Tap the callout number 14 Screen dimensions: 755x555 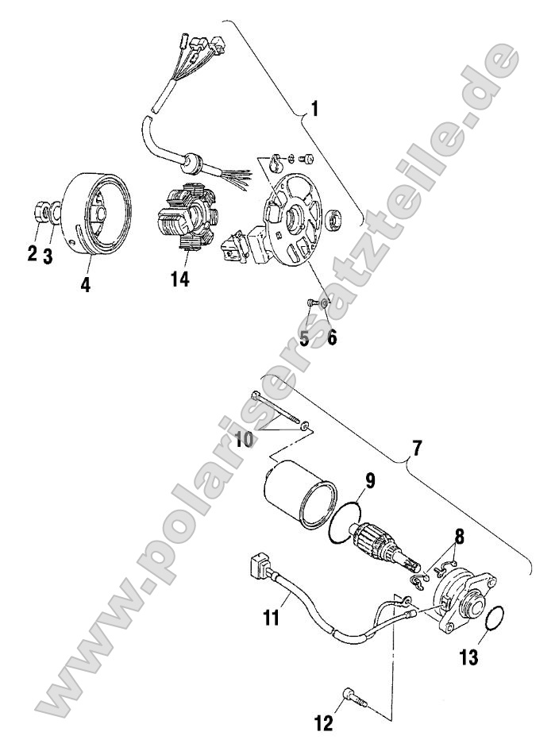point(180,279)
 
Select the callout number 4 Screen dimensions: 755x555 point(85,284)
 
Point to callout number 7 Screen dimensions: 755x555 point(417,448)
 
